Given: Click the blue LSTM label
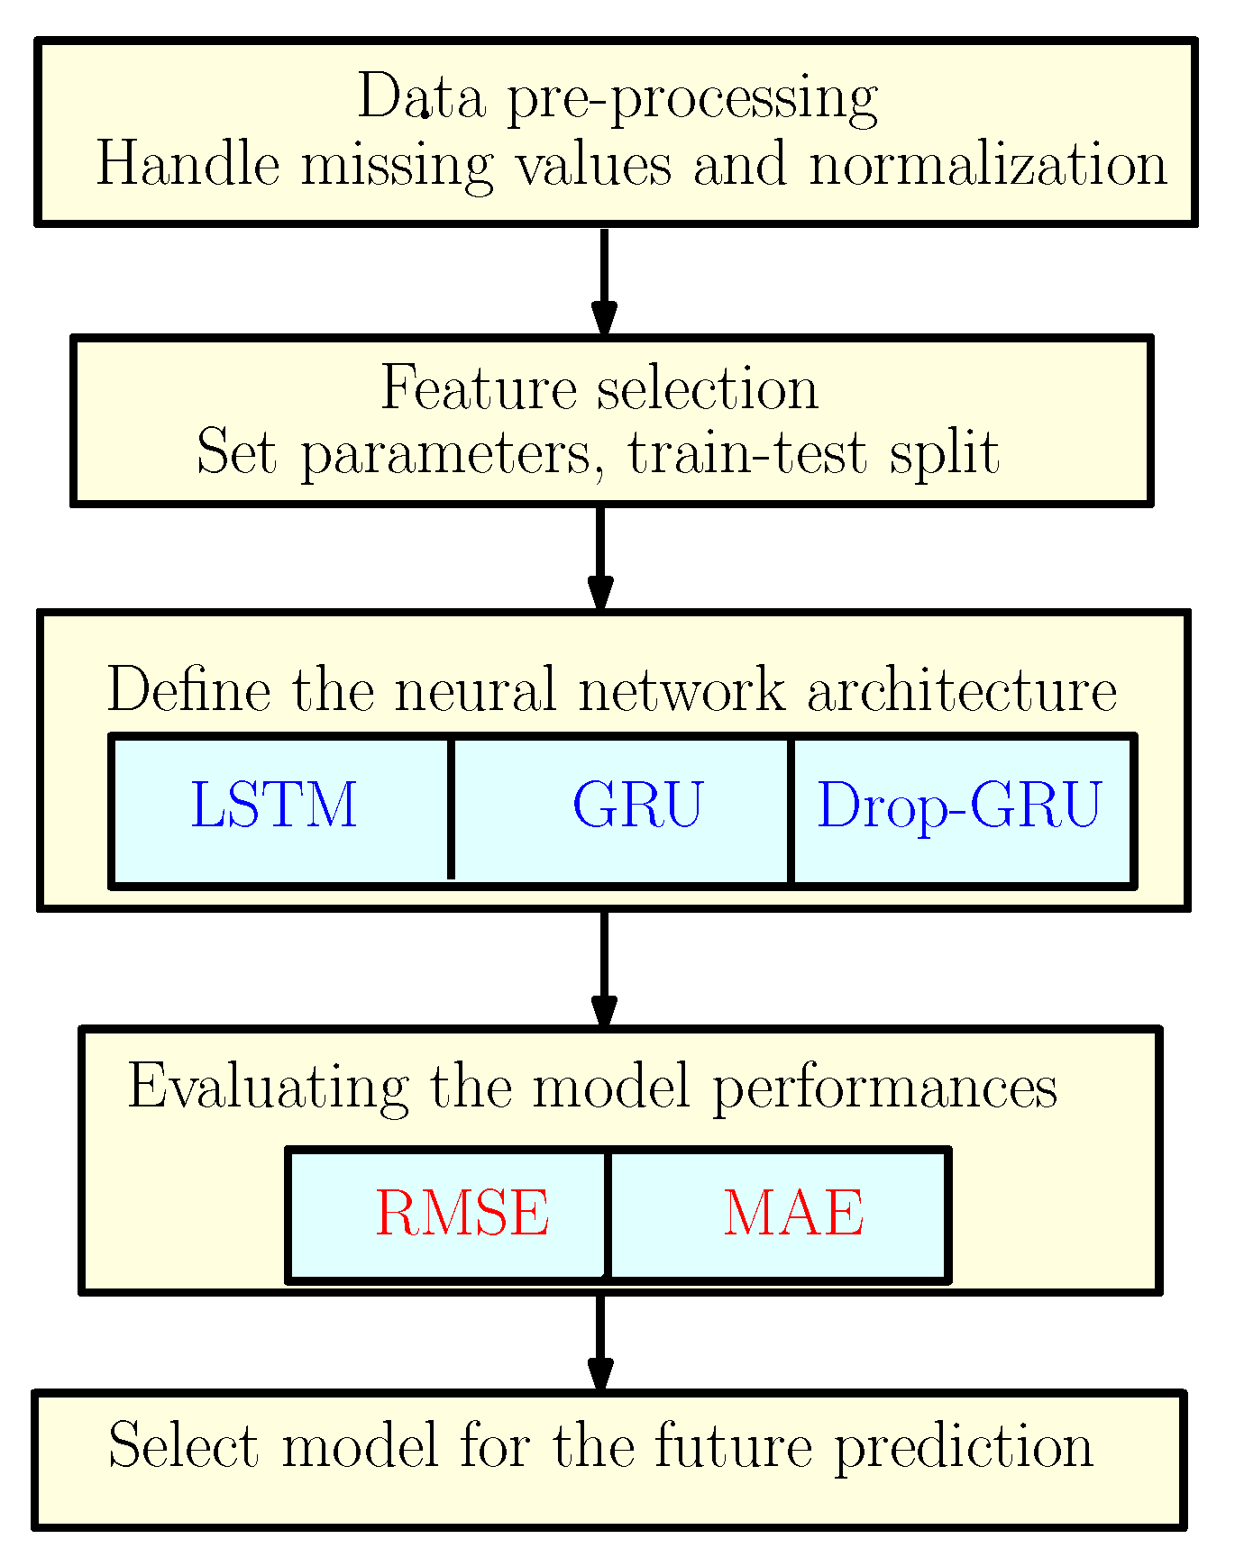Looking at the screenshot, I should click(x=274, y=805).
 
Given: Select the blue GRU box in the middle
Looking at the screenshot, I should click(x=636, y=805).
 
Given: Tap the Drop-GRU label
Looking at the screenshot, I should click(x=958, y=805).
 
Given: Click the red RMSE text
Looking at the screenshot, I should click(x=462, y=1213).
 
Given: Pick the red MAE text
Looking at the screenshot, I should click(x=793, y=1213).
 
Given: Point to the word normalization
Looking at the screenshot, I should click(x=988, y=166).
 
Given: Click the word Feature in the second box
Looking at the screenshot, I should click(x=479, y=388).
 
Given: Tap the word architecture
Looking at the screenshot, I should click(x=962, y=691).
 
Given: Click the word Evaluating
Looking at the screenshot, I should click(x=268, y=1088).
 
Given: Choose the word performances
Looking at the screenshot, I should click(x=884, y=1088).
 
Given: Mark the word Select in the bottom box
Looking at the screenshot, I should click(x=183, y=1446).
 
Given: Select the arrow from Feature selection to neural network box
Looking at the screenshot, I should click(x=600, y=559).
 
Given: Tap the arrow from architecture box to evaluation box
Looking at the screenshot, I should click(x=604, y=969).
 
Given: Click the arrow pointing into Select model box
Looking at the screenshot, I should click(x=600, y=1343).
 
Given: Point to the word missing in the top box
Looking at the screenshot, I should click(x=397, y=166).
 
